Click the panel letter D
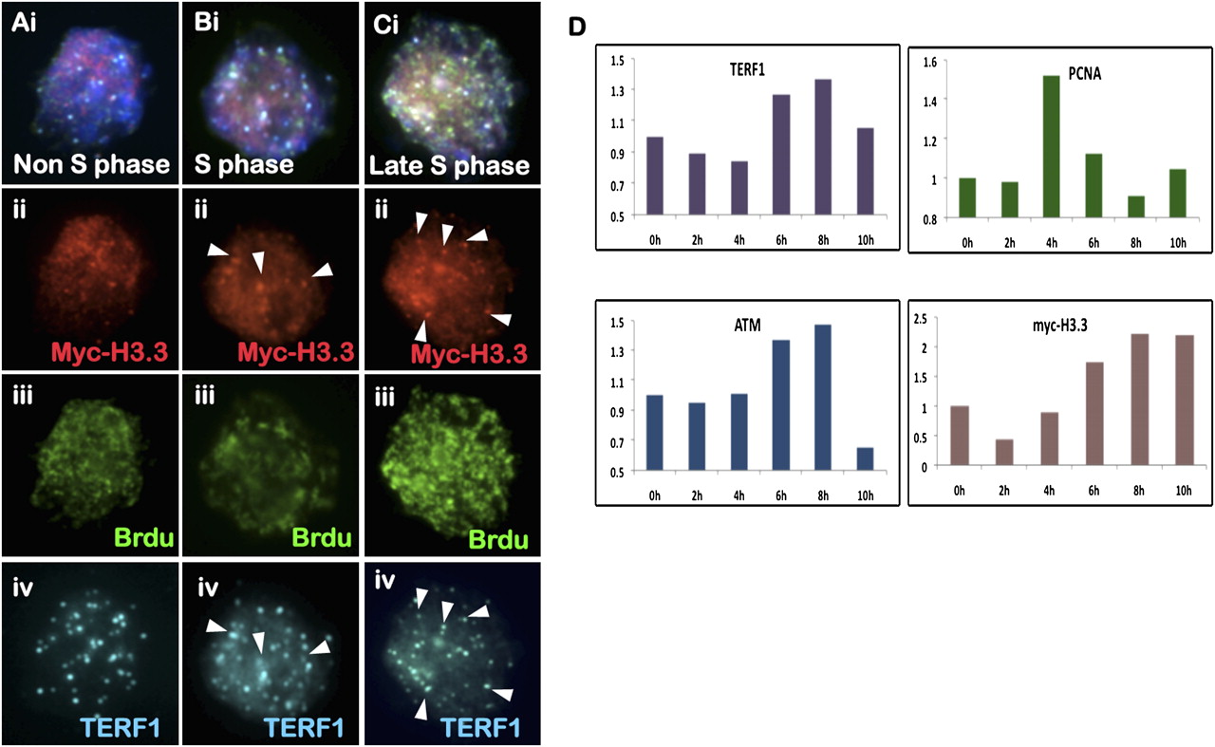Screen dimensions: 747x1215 (577, 27)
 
